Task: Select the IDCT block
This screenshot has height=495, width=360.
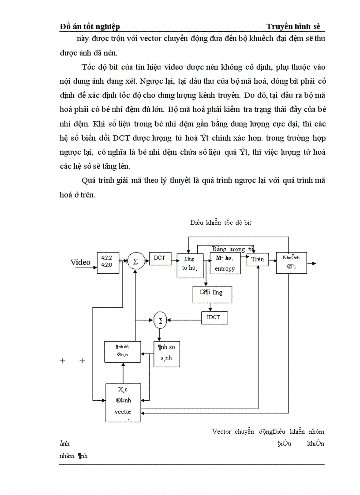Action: click(x=214, y=317)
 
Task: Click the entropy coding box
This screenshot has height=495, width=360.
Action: click(x=225, y=264)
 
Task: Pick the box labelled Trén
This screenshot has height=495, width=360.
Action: click(x=257, y=260)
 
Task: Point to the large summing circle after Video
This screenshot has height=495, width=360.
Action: click(x=135, y=262)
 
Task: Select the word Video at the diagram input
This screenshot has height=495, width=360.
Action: click(x=80, y=263)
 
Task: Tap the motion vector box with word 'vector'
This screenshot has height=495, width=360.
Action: click(x=123, y=402)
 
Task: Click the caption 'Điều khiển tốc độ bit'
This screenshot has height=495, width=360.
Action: click(x=221, y=223)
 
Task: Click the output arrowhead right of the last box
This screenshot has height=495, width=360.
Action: click(x=314, y=264)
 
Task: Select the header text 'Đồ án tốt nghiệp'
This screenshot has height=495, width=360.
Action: click(x=90, y=27)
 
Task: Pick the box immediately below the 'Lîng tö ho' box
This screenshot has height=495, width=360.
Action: click(x=213, y=294)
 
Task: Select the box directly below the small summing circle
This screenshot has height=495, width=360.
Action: click(x=170, y=354)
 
